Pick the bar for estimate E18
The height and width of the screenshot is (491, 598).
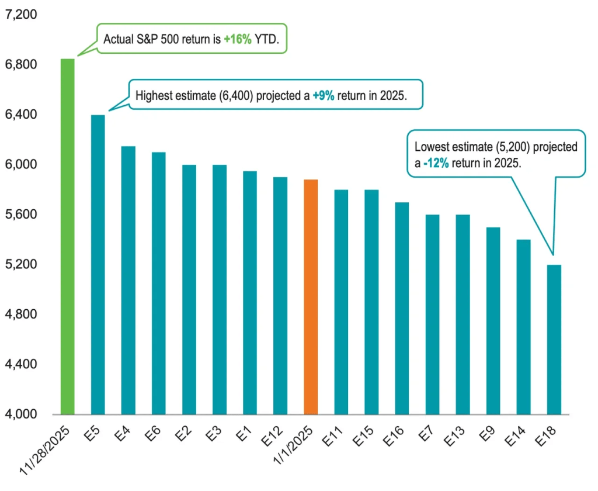[x=554, y=340]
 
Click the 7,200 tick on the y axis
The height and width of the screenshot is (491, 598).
[x=21, y=14]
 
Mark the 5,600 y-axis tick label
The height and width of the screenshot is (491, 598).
[x=21, y=215]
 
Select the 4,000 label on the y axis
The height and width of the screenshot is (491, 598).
[x=21, y=414]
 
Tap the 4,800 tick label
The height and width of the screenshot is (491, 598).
[x=21, y=314]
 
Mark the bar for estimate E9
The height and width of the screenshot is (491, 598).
[x=493, y=321]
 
